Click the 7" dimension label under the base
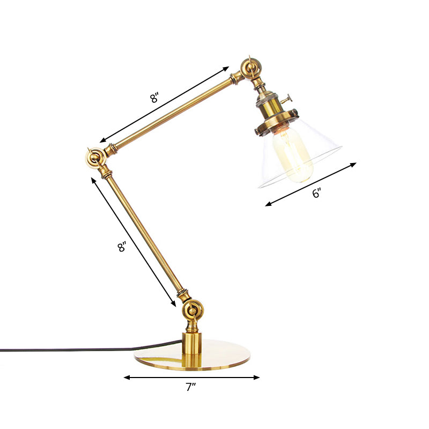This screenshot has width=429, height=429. pos(191,388)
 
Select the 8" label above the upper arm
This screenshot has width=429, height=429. pos(154,98)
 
